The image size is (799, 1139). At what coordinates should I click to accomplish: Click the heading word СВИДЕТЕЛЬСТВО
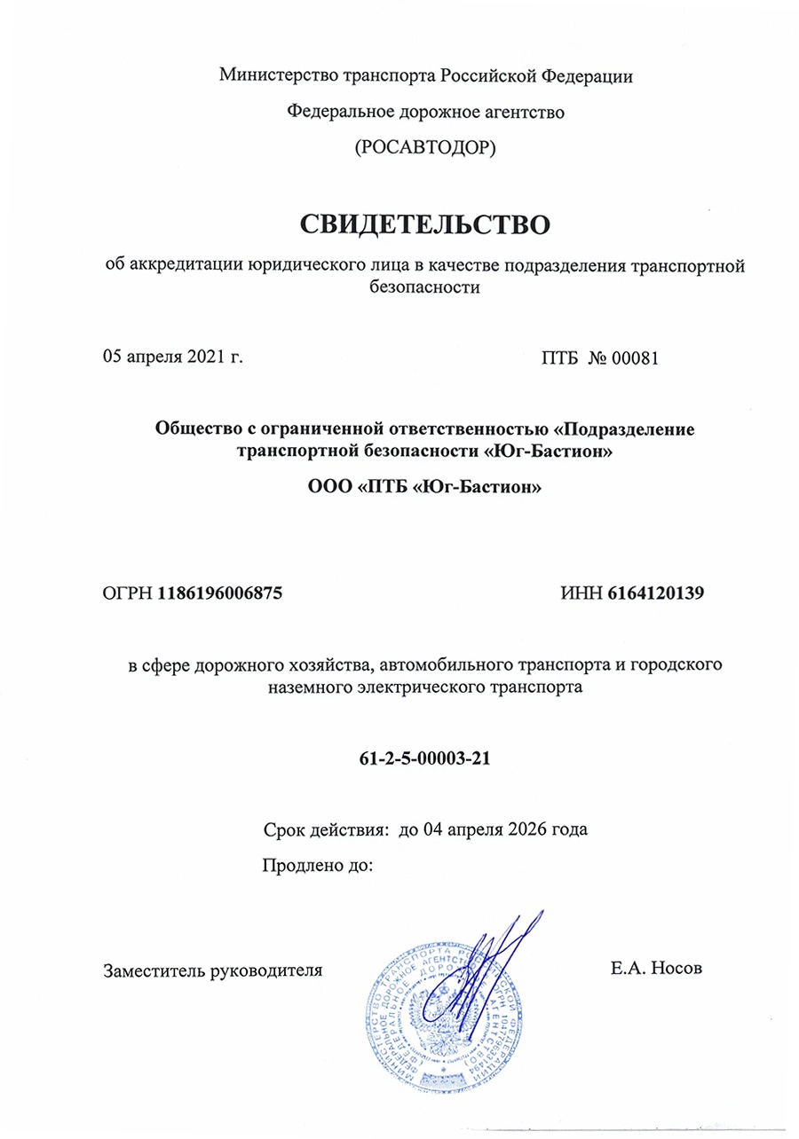tap(425, 224)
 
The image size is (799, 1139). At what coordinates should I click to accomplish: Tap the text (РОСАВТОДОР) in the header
tap(425, 148)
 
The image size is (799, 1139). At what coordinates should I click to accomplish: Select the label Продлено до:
tap(317, 865)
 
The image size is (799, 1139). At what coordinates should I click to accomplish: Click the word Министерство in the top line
tap(274, 75)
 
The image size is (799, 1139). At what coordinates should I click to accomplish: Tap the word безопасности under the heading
tap(425, 287)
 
